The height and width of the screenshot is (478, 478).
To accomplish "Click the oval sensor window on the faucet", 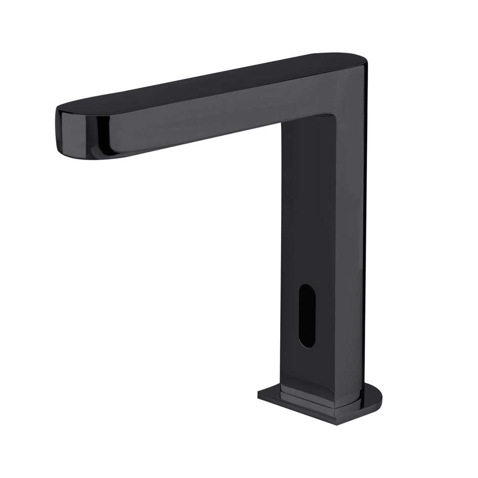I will tap(307, 315).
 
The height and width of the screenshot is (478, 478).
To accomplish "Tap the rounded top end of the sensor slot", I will tap(307, 288).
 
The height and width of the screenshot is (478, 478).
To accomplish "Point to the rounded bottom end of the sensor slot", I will tap(307, 343).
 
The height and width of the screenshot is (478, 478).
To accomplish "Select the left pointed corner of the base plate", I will tap(260, 394).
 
